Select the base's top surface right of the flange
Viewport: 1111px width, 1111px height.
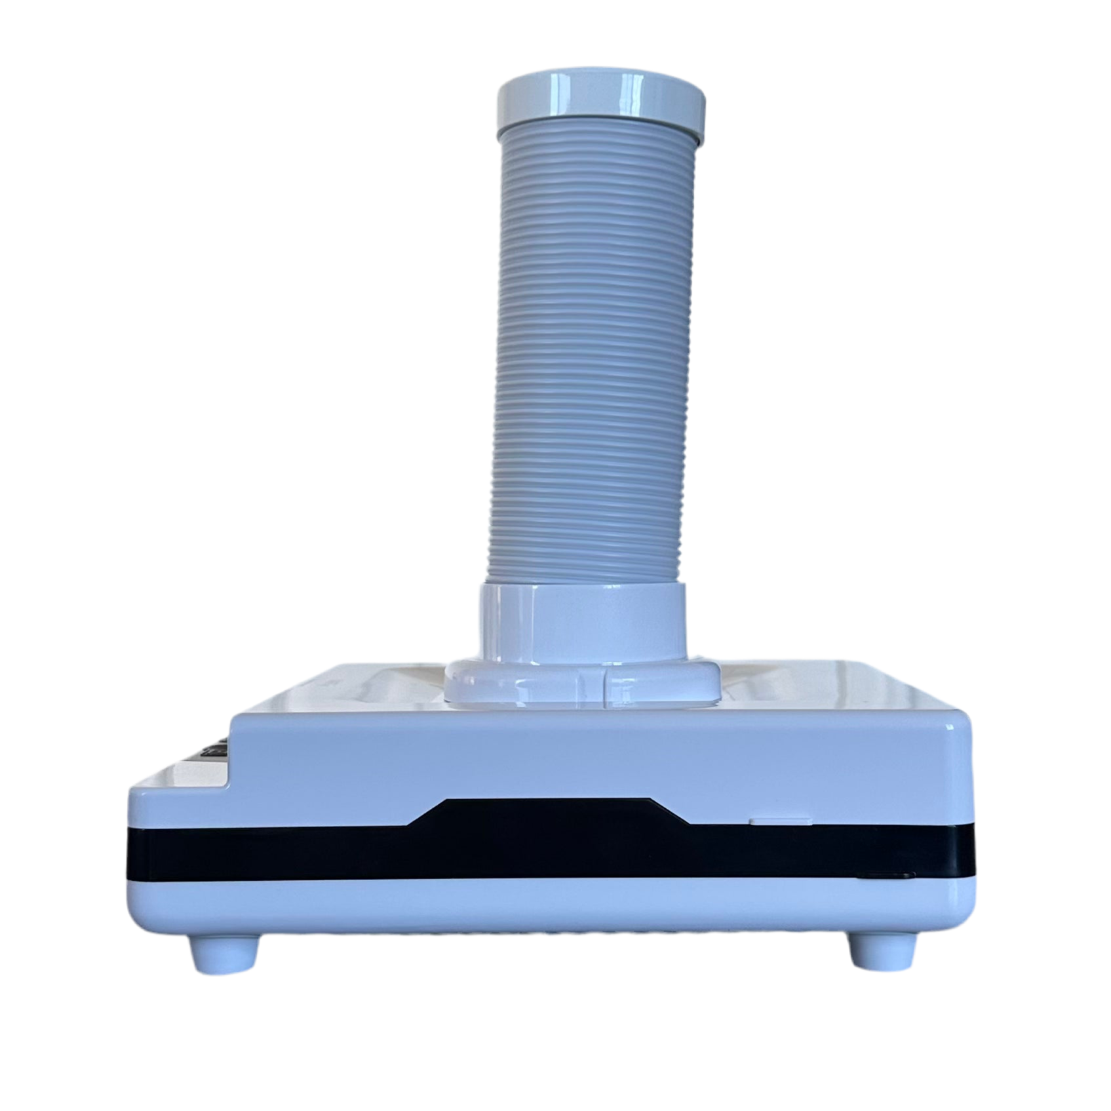[x=819, y=688]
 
